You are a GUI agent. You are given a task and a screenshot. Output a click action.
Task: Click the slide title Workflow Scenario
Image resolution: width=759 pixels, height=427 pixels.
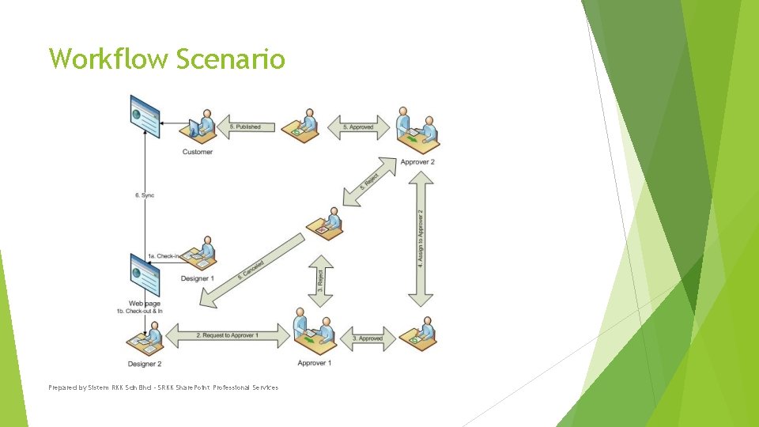click(x=166, y=59)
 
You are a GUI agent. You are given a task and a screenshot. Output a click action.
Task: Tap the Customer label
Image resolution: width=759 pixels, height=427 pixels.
click(x=198, y=152)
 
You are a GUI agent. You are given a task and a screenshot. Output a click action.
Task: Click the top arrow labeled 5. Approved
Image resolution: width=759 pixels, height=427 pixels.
click(x=358, y=127)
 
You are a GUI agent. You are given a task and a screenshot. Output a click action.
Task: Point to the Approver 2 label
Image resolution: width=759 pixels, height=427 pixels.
click(x=417, y=162)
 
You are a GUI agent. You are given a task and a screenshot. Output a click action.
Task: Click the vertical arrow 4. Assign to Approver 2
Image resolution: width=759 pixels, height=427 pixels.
click(x=421, y=238)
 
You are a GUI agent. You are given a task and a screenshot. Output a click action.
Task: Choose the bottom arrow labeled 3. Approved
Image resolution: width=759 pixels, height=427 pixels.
click(x=367, y=338)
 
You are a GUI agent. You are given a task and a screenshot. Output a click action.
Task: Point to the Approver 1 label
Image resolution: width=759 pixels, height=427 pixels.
click(x=314, y=363)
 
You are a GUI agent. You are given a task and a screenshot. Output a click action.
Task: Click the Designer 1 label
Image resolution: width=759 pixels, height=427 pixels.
click(x=198, y=278)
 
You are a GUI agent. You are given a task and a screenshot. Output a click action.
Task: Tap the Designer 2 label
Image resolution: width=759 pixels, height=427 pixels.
click(x=145, y=364)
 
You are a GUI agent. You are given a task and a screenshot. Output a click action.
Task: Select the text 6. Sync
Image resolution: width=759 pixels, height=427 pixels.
click(x=145, y=195)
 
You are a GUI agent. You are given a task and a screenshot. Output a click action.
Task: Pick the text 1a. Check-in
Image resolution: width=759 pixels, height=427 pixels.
click(x=164, y=256)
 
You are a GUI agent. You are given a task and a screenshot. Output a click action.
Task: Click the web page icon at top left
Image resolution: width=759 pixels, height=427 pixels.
click(x=145, y=115)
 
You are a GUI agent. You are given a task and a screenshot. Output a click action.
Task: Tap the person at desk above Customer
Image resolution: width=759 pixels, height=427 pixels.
click(x=200, y=125)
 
